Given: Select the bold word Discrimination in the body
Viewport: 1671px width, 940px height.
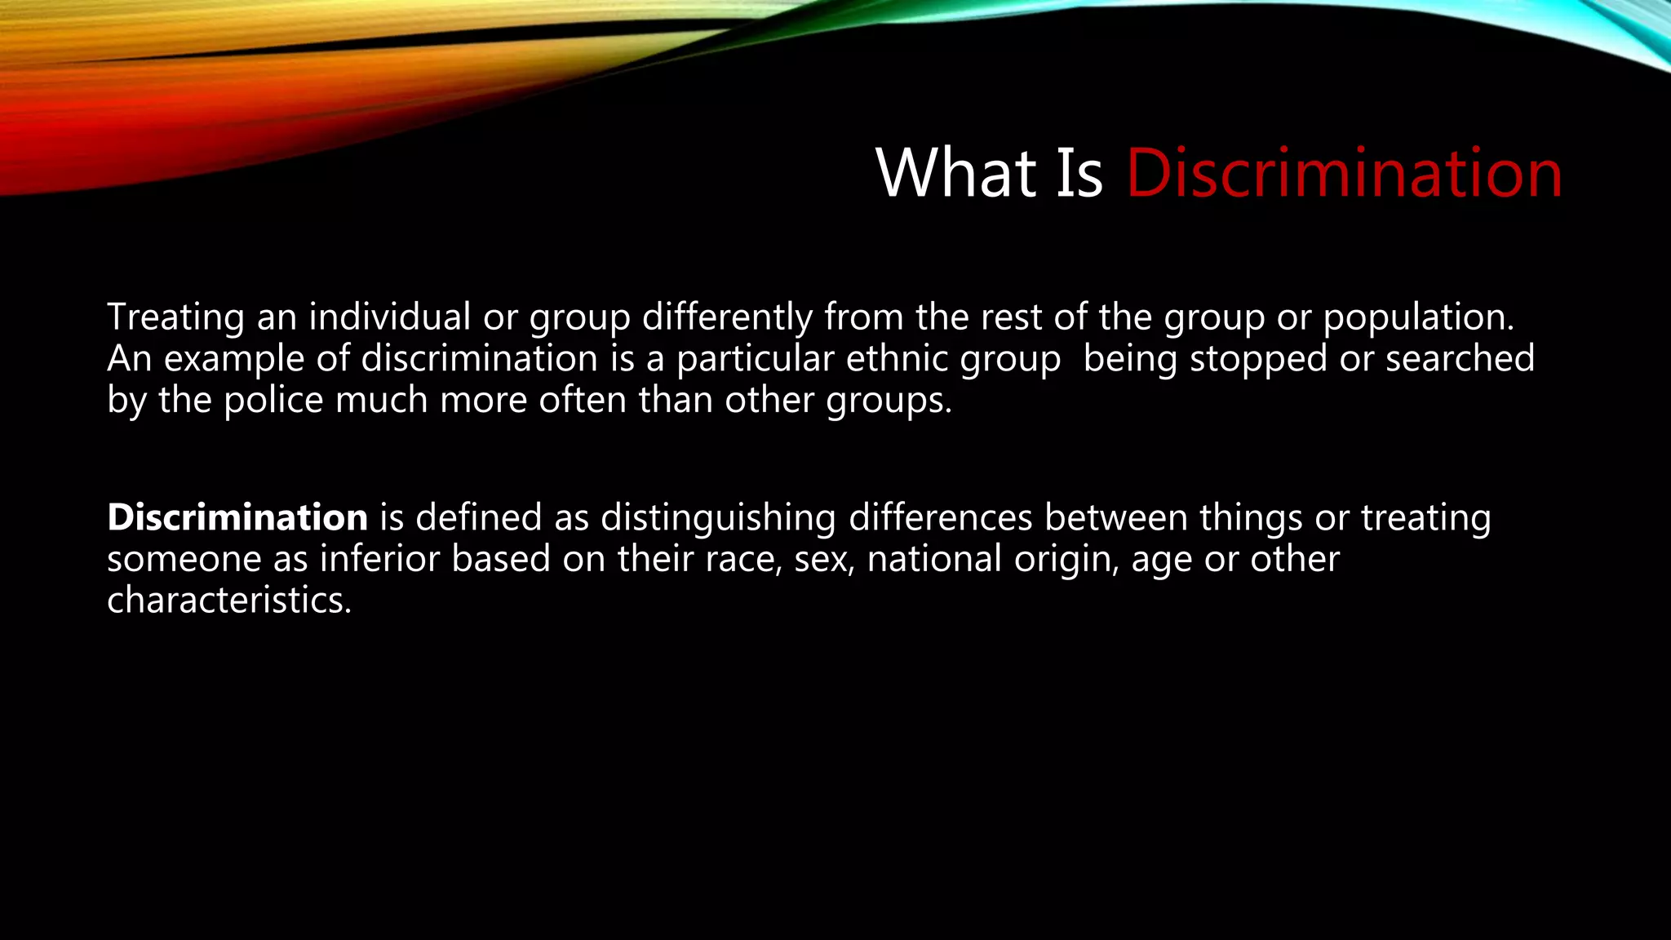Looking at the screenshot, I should point(237,517).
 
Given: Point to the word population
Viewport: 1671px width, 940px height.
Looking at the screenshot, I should point(1418,317).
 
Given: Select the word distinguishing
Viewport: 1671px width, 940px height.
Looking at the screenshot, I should point(718,517).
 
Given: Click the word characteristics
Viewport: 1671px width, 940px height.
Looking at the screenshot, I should point(229,601).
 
